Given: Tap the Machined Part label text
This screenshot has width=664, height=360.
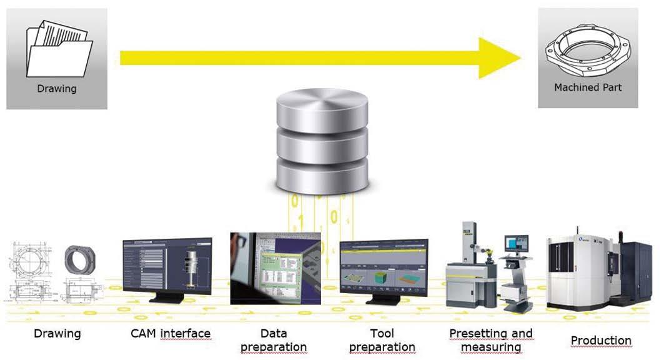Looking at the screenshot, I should click(588, 87).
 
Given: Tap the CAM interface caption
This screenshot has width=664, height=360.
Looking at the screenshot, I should click(171, 333).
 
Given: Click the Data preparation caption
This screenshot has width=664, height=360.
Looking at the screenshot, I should click(274, 340).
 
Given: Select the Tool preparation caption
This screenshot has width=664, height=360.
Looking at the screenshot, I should click(382, 340).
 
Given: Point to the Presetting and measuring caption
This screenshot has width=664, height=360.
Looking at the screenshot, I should click(491, 340).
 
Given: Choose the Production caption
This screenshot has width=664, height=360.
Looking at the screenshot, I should click(601, 341).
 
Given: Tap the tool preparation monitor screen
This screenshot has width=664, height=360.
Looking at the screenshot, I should click(384, 266).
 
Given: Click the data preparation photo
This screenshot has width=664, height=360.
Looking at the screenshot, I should click(275, 268).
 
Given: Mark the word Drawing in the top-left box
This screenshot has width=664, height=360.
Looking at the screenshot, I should click(57, 89).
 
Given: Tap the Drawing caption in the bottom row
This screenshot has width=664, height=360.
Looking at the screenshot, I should click(57, 333).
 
